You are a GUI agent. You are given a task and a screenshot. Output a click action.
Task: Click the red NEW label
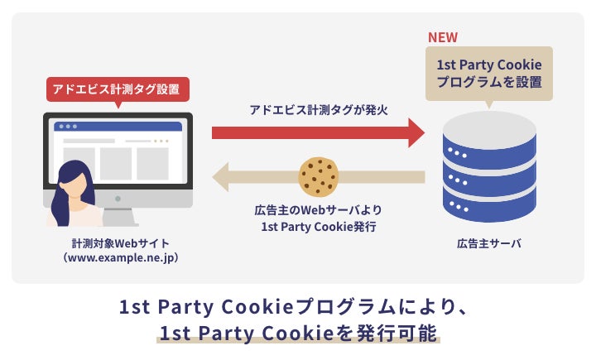tap(442, 38)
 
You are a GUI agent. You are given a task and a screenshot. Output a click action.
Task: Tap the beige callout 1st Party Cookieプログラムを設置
tap(488, 72)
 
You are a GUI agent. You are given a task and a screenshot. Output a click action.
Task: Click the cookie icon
tap(319, 176)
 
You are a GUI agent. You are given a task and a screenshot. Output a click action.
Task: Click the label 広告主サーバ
tap(488, 244)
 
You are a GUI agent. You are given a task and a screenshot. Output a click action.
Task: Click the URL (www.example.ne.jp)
tap(119, 258)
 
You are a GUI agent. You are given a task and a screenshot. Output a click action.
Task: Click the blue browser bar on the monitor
tap(118, 127)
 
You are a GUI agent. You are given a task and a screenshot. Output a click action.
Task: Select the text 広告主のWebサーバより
tap(318, 210)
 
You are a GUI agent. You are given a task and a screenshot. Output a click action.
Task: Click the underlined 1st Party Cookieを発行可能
tap(299, 334)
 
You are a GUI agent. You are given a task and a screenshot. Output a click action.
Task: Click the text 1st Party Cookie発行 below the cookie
tap(318, 226)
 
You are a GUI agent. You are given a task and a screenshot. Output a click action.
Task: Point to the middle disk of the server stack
tap(488, 171)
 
